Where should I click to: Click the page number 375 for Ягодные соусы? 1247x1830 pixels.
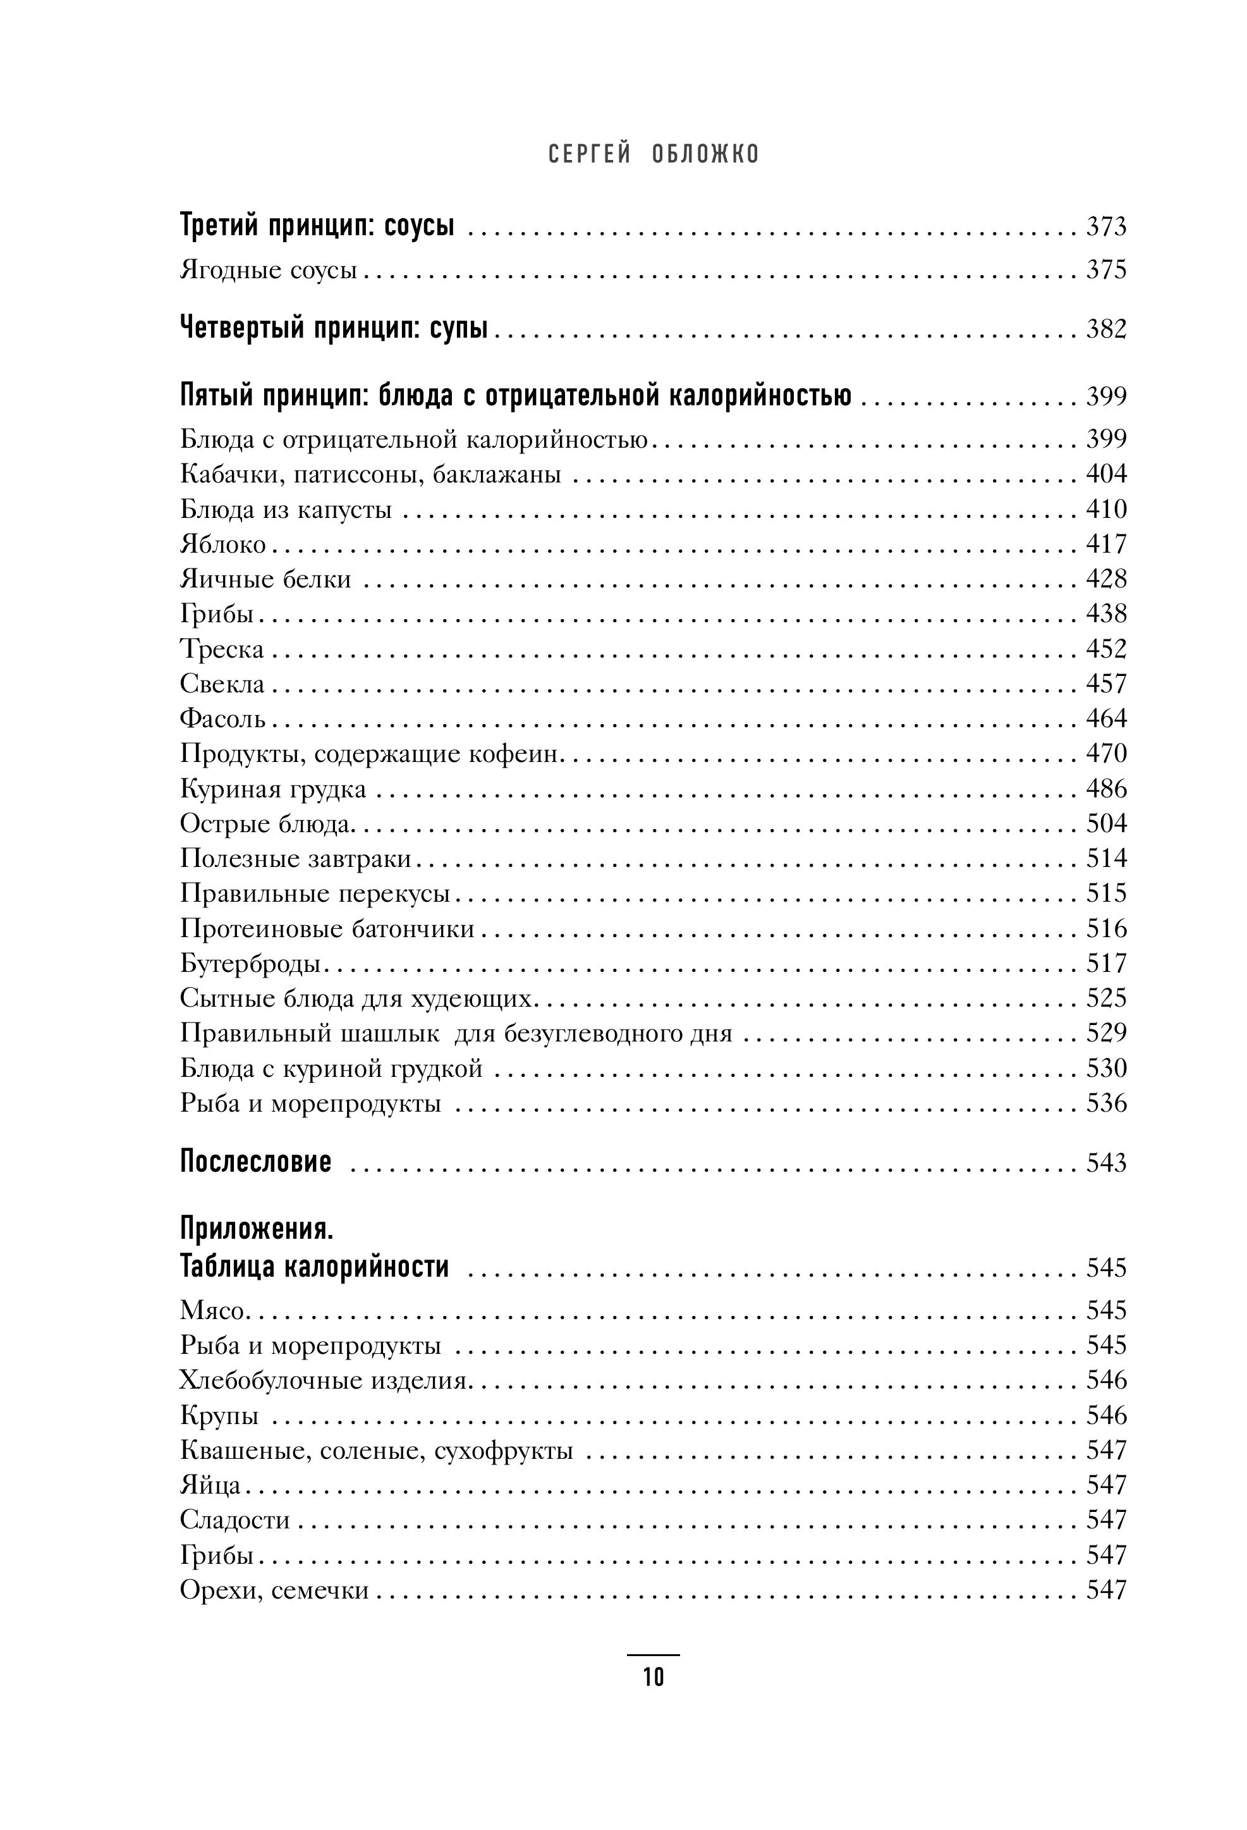tap(1106, 270)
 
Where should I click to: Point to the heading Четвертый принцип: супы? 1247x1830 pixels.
tap(334, 328)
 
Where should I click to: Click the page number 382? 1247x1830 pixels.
tap(1106, 329)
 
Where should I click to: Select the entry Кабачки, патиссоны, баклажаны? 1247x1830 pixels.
tap(370, 475)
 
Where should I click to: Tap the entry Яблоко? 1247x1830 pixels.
tap(222, 544)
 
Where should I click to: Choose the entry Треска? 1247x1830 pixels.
tap(222, 649)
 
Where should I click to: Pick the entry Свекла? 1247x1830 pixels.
tap(222, 684)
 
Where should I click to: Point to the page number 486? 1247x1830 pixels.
tap(1106, 789)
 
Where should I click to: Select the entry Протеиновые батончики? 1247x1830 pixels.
tap(327, 929)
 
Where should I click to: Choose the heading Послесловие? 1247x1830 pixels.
tap(256, 1162)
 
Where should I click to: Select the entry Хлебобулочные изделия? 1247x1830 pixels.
tap(325, 1381)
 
